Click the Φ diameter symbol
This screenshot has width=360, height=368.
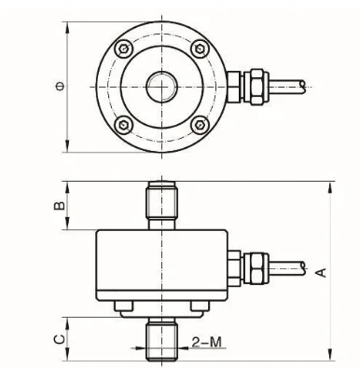click(61, 87)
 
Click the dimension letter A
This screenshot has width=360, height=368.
click(322, 272)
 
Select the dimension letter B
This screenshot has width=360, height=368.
click(60, 206)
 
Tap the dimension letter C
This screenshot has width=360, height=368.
click(60, 339)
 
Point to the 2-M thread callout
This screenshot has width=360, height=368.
click(207, 342)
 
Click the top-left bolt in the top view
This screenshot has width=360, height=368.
click(124, 48)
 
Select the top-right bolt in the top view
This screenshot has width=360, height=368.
click(200, 48)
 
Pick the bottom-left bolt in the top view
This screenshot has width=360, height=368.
click(124, 125)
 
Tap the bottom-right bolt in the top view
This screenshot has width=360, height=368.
click(200, 125)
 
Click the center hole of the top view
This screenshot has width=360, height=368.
click(161, 87)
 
